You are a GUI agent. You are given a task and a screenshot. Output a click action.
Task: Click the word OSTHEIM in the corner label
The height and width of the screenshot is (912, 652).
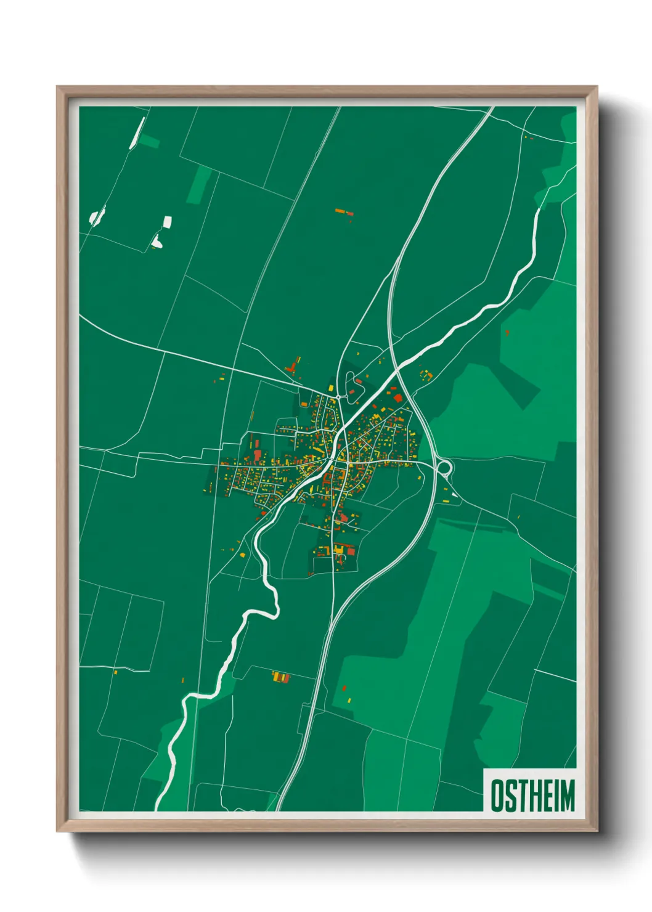pyautogui.click(x=532, y=795)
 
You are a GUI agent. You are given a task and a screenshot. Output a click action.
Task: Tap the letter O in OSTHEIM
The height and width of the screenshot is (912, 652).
pyautogui.click(x=497, y=795)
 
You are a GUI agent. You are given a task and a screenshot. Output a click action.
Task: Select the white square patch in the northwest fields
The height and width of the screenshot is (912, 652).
pyautogui.click(x=167, y=222)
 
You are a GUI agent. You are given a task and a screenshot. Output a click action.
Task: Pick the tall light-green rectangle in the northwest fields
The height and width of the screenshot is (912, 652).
pyautogui.click(x=200, y=184)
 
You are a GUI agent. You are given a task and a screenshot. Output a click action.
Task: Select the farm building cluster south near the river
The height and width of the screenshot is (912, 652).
pyautogui.click(x=281, y=677)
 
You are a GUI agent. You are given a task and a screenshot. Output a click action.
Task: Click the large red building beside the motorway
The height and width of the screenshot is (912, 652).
pyautogui.click(x=398, y=398)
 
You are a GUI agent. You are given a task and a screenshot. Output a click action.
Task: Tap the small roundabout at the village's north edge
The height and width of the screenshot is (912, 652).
pyautogui.click(x=338, y=397)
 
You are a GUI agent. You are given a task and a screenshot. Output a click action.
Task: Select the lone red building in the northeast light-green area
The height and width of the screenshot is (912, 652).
pyautogui.click(x=507, y=333)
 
